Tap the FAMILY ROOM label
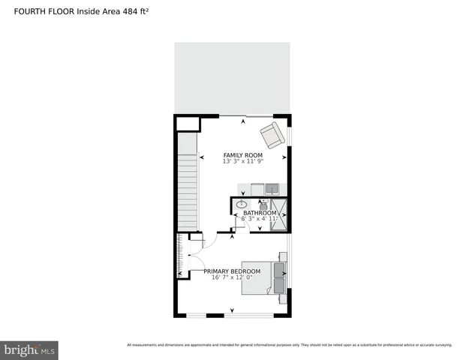click(242, 155)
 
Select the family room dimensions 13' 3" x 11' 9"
click(242, 162)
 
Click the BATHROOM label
click(259, 213)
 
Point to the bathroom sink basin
click(242, 204)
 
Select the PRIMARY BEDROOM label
click(232, 271)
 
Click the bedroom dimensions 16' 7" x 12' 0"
click(232, 277)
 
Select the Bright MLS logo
click(29, 349)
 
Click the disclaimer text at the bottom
click(289, 345)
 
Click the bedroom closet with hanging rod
click(181, 255)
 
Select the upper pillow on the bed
click(280, 266)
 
